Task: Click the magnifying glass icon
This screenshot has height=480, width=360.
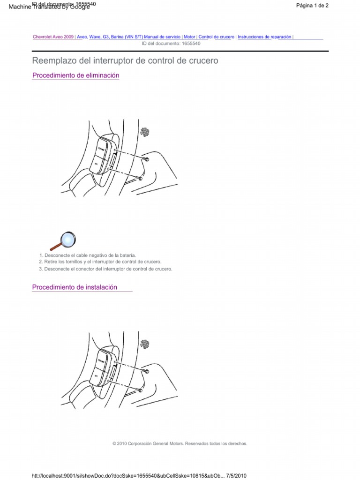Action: [62, 240]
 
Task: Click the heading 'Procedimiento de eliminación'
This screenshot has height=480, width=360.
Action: [75, 75]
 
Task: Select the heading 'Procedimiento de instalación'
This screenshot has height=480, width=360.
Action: [75, 287]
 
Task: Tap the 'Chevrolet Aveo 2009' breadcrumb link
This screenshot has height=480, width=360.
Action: [53, 37]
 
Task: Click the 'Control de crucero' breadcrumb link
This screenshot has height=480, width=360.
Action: [216, 37]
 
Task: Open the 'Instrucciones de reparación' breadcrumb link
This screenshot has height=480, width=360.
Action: [264, 37]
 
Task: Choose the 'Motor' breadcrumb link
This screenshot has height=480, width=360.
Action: [189, 37]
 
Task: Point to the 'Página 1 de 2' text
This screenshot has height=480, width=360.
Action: [313, 6]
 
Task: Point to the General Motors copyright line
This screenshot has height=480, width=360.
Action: [180, 443]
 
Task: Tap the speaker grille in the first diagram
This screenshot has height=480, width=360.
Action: [146, 132]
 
